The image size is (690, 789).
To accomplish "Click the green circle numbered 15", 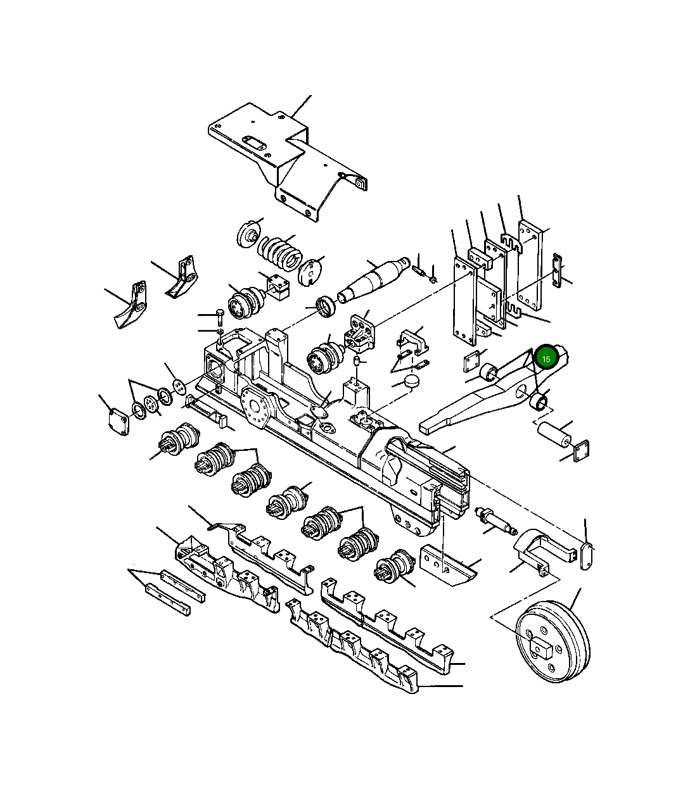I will (x=546, y=358).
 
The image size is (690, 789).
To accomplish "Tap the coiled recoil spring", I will (x=279, y=253).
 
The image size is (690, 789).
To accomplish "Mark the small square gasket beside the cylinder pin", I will (x=581, y=451).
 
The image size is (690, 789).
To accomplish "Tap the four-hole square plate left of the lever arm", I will (x=472, y=363).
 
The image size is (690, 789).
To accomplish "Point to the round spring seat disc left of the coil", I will (x=249, y=235).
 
